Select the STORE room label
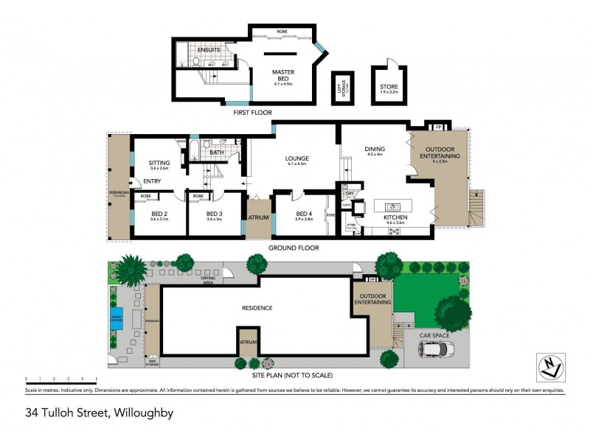389,87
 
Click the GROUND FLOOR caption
294,248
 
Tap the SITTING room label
159,164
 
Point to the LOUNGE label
297,158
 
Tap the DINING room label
375,150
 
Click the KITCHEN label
395,218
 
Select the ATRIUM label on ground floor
258,217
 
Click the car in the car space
437,351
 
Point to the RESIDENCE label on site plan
257,308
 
